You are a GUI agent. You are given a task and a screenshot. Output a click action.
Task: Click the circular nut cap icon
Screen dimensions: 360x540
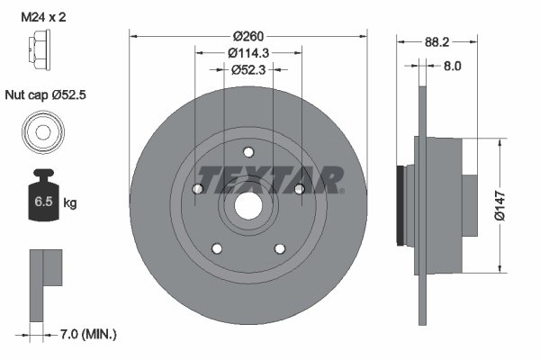tap(41, 130)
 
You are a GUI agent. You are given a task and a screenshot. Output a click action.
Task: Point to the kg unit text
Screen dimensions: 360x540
tap(70, 203)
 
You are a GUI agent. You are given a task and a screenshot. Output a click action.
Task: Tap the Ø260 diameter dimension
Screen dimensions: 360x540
tap(247, 36)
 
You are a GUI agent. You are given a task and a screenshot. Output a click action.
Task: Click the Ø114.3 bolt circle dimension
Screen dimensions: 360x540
tap(247, 52)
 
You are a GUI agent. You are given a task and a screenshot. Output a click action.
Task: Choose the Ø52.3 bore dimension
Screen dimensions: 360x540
tap(247, 68)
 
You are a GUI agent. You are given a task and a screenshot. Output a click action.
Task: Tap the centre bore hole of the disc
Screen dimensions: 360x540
tap(248, 207)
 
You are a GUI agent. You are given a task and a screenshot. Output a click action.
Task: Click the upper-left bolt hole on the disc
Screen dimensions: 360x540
tap(198, 188)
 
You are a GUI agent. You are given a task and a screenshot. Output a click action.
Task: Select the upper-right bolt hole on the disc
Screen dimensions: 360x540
tap(298, 188)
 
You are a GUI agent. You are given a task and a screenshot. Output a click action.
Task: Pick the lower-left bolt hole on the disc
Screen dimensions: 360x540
tap(216, 247)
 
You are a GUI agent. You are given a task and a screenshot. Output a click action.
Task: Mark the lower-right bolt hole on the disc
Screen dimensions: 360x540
tap(279, 247)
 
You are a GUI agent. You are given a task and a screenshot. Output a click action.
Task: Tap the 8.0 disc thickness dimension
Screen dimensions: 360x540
tap(452, 65)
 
